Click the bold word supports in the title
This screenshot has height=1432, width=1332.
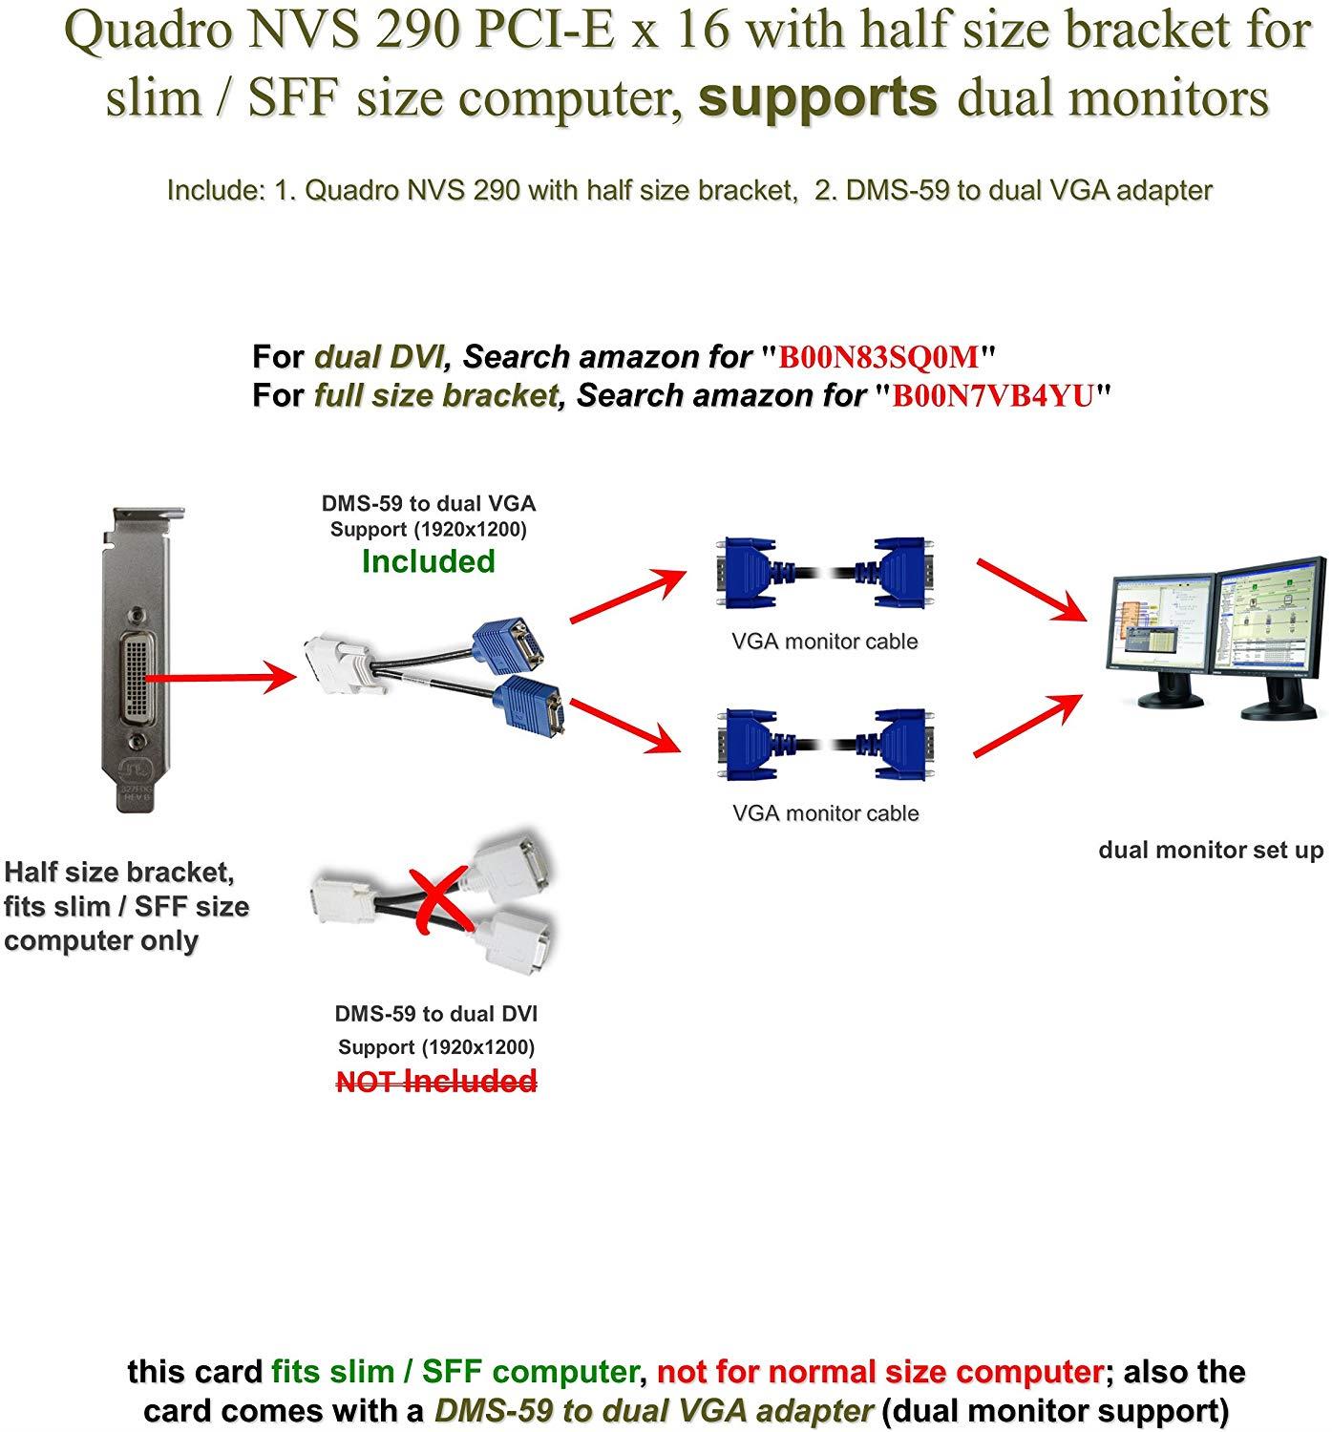[817, 96]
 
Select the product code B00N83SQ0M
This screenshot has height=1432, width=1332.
[879, 357]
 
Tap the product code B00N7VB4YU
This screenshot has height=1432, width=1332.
[992, 395]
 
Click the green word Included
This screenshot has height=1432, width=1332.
[429, 561]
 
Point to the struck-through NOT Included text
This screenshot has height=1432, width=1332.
[436, 1082]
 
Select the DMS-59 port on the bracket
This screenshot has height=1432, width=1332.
[133, 678]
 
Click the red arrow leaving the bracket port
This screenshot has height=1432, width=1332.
[220, 679]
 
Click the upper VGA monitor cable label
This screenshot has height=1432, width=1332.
[825, 642]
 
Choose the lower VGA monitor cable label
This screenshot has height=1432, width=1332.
[825, 813]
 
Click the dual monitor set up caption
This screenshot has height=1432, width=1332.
[1211, 850]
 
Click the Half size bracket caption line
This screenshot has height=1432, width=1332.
[119, 873]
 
